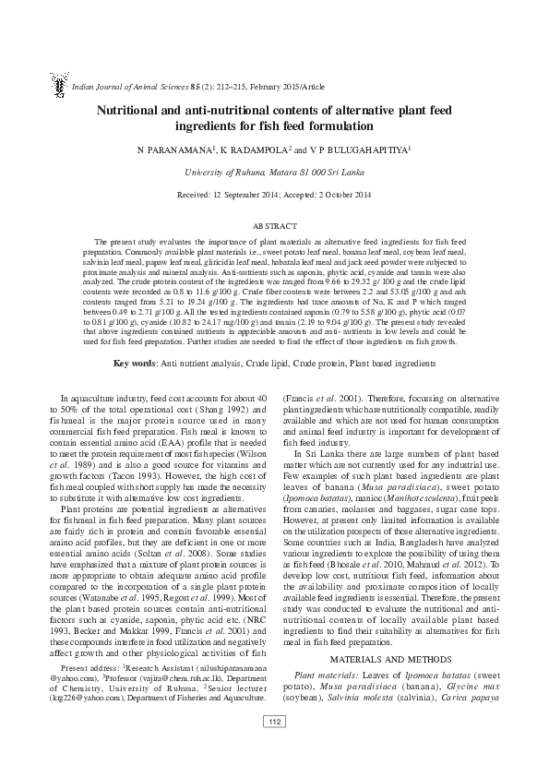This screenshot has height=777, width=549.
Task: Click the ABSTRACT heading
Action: coord(274,225)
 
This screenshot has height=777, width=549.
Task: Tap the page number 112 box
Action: coord(274,747)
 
